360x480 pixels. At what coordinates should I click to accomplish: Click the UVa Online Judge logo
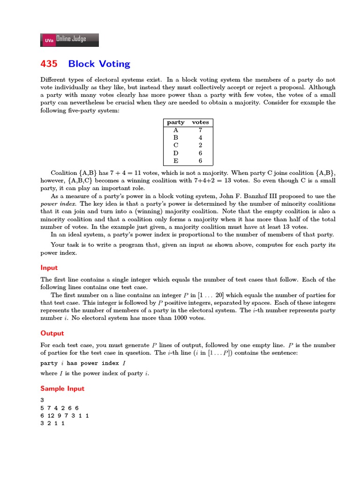[70, 40]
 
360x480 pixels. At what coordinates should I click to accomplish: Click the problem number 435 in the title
[49, 64]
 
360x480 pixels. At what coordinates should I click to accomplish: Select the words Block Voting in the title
[99, 64]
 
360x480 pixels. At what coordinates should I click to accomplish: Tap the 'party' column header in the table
[176, 122]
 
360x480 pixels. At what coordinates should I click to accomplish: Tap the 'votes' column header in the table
[200, 122]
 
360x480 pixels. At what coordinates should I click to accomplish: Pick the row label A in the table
[176, 130]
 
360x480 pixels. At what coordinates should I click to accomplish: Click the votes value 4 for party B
[200, 137]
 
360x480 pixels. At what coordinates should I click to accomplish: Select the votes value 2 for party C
[200, 145]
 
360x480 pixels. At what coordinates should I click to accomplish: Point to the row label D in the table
[176, 153]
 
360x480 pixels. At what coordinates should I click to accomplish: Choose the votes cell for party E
[200, 160]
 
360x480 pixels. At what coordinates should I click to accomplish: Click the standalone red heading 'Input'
[49, 268]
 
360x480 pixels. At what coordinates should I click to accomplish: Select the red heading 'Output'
[52, 333]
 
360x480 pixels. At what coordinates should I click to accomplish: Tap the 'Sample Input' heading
[62, 389]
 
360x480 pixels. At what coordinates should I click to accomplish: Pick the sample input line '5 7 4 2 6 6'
[60, 408]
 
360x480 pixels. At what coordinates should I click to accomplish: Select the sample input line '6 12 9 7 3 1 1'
[65, 415]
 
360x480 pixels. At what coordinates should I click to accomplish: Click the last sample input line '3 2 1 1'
[52, 423]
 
